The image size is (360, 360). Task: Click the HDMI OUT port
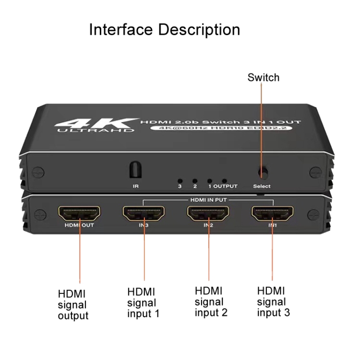(x=79, y=214)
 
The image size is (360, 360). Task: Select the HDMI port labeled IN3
(x=144, y=214)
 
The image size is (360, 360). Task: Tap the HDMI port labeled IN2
(x=208, y=214)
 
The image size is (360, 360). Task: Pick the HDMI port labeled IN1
(x=273, y=214)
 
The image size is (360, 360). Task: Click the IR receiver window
(x=135, y=169)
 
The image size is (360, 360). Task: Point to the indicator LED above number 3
(x=180, y=181)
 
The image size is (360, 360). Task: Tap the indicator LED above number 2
(x=195, y=181)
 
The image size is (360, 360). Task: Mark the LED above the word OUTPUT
(x=225, y=181)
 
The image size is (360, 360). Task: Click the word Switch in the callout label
(x=264, y=77)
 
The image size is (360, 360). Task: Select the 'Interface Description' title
(x=164, y=30)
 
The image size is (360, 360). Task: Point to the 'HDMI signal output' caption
(x=73, y=305)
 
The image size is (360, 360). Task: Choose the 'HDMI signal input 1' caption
(x=143, y=303)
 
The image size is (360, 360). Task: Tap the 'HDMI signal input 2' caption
(x=211, y=302)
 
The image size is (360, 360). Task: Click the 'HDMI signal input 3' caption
(x=274, y=302)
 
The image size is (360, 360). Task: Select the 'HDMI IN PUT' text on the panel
(x=208, y=200)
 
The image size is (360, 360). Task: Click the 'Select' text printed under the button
(x=262, y=186)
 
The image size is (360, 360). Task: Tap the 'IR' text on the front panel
(x=136, y=186)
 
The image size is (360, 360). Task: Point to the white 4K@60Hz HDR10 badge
(x=221, y=128)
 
